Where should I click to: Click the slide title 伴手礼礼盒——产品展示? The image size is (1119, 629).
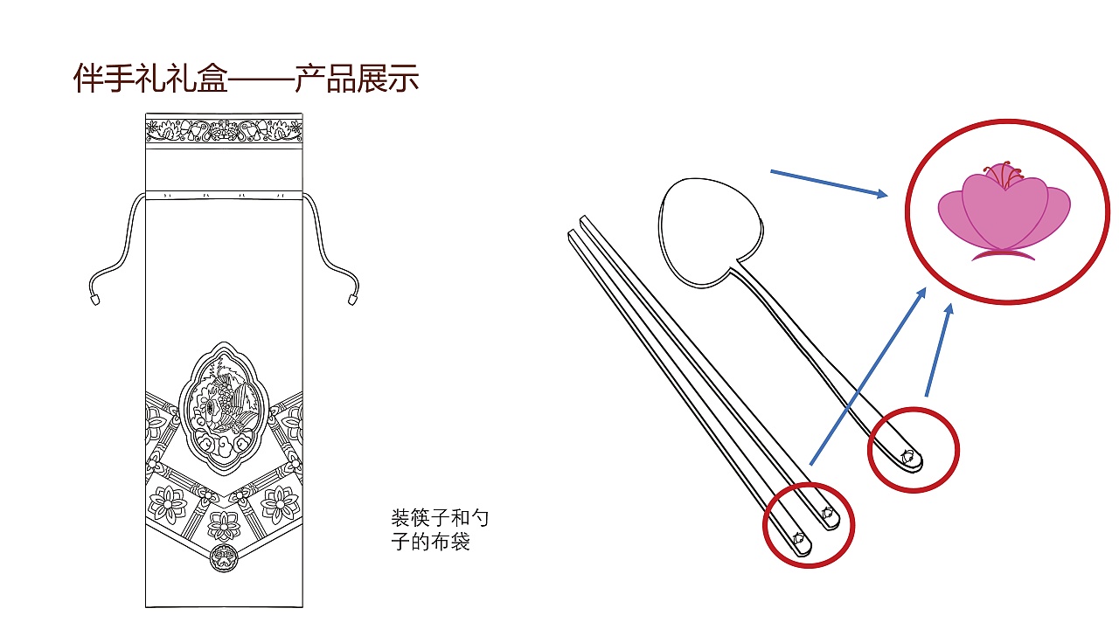pyautogui.click(x=246, y=79)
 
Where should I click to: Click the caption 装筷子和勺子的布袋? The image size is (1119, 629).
pyautogui.click(x=439, y=529)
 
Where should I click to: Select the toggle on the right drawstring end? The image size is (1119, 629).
pyautogui.click(x=352, y=299)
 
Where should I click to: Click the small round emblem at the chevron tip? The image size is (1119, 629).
pyautogui.click(x=224, y=557)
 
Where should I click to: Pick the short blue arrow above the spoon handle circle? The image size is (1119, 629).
pyautogui.click(x=939, y=349)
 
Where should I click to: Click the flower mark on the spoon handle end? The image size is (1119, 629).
pyautogui.click(x=908, y=456)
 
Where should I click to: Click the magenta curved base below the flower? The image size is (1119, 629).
pyautogui.click(x=1003, y=255)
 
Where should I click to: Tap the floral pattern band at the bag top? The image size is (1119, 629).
pyautogui.click(x=224, y=131)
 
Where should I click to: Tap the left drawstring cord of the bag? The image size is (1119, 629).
pyautogui.click(x=122, y=236)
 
